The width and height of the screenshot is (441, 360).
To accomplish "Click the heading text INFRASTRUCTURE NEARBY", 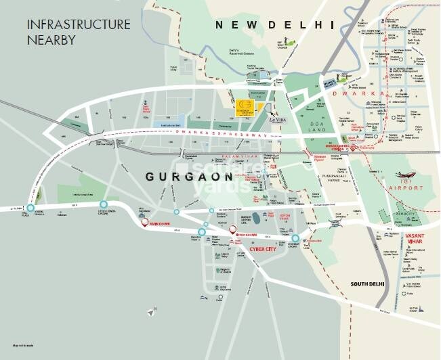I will pyautogui.click(x=78, y=32).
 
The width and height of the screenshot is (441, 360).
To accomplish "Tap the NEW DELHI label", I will pyautogui.click(x=276, y=25).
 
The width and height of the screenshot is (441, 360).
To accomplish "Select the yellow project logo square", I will pyautogui.click(x=243, y=107).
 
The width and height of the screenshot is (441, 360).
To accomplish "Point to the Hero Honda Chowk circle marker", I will pyautogui.click(x=104, y=204).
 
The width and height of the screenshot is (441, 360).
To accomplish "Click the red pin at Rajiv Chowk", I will pyautogui.click(x=144, y=222).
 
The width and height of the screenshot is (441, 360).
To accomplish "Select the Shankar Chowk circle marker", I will pyautogui.click(x=295, y=238).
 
